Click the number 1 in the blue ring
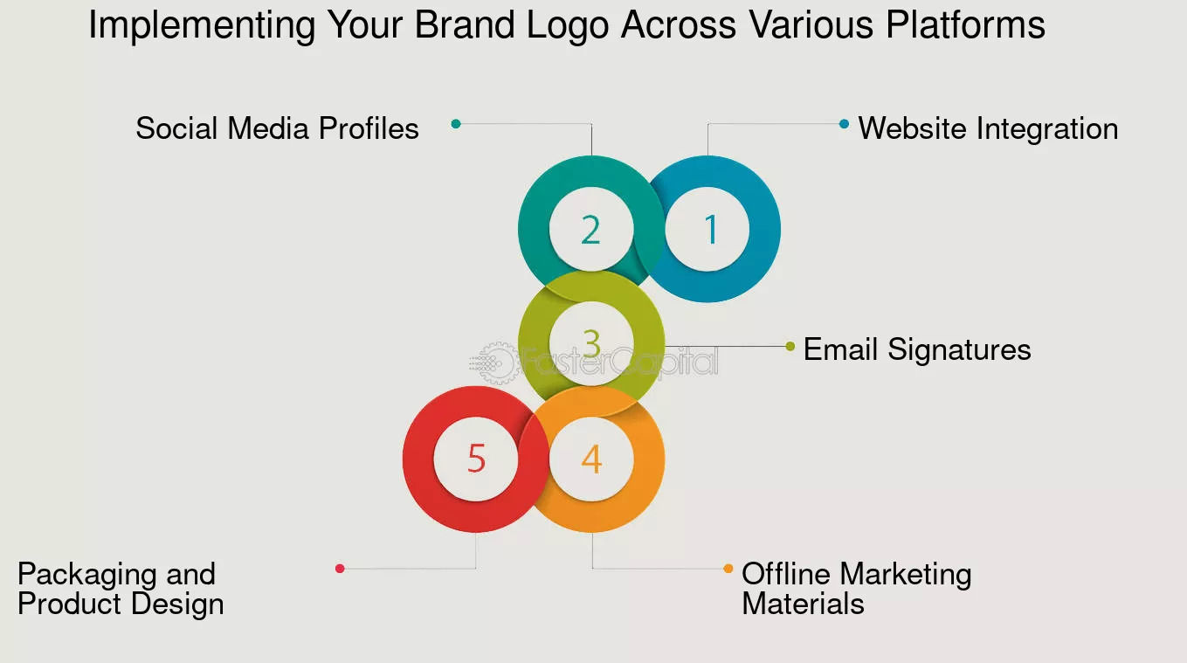point(710,229)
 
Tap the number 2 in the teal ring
point(591,229)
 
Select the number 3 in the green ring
point(591,344)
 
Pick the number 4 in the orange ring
point(591,459)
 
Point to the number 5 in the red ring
point(476,459)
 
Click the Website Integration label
point(988,128)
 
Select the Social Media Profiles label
point(277,128)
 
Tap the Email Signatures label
point(917,349)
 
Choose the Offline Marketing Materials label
point(856,589)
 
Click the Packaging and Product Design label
point(121,589)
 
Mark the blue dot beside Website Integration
point(844,124)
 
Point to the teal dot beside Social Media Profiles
point(456,124)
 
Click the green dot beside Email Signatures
point(790,346)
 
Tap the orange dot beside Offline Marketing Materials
point(728,569)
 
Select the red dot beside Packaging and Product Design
point(340,569)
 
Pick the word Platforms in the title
point(965,25)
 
